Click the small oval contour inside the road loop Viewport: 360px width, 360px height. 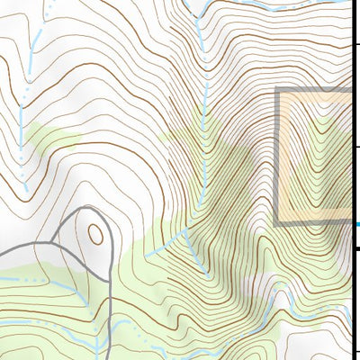(94, 235)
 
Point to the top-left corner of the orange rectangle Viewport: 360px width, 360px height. (277, 91)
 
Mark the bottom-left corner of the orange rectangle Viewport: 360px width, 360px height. (277, 222)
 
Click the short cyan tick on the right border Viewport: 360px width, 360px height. (355, 224)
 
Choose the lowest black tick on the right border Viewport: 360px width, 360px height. (355, 352)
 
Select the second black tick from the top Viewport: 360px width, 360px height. (355, 148)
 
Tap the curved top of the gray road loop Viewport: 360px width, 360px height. (90, 209)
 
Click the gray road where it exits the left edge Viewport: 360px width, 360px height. (3, 253)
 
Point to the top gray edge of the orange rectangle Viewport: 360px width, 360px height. (315, 91)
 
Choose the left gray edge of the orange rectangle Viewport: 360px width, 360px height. (277, 157)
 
